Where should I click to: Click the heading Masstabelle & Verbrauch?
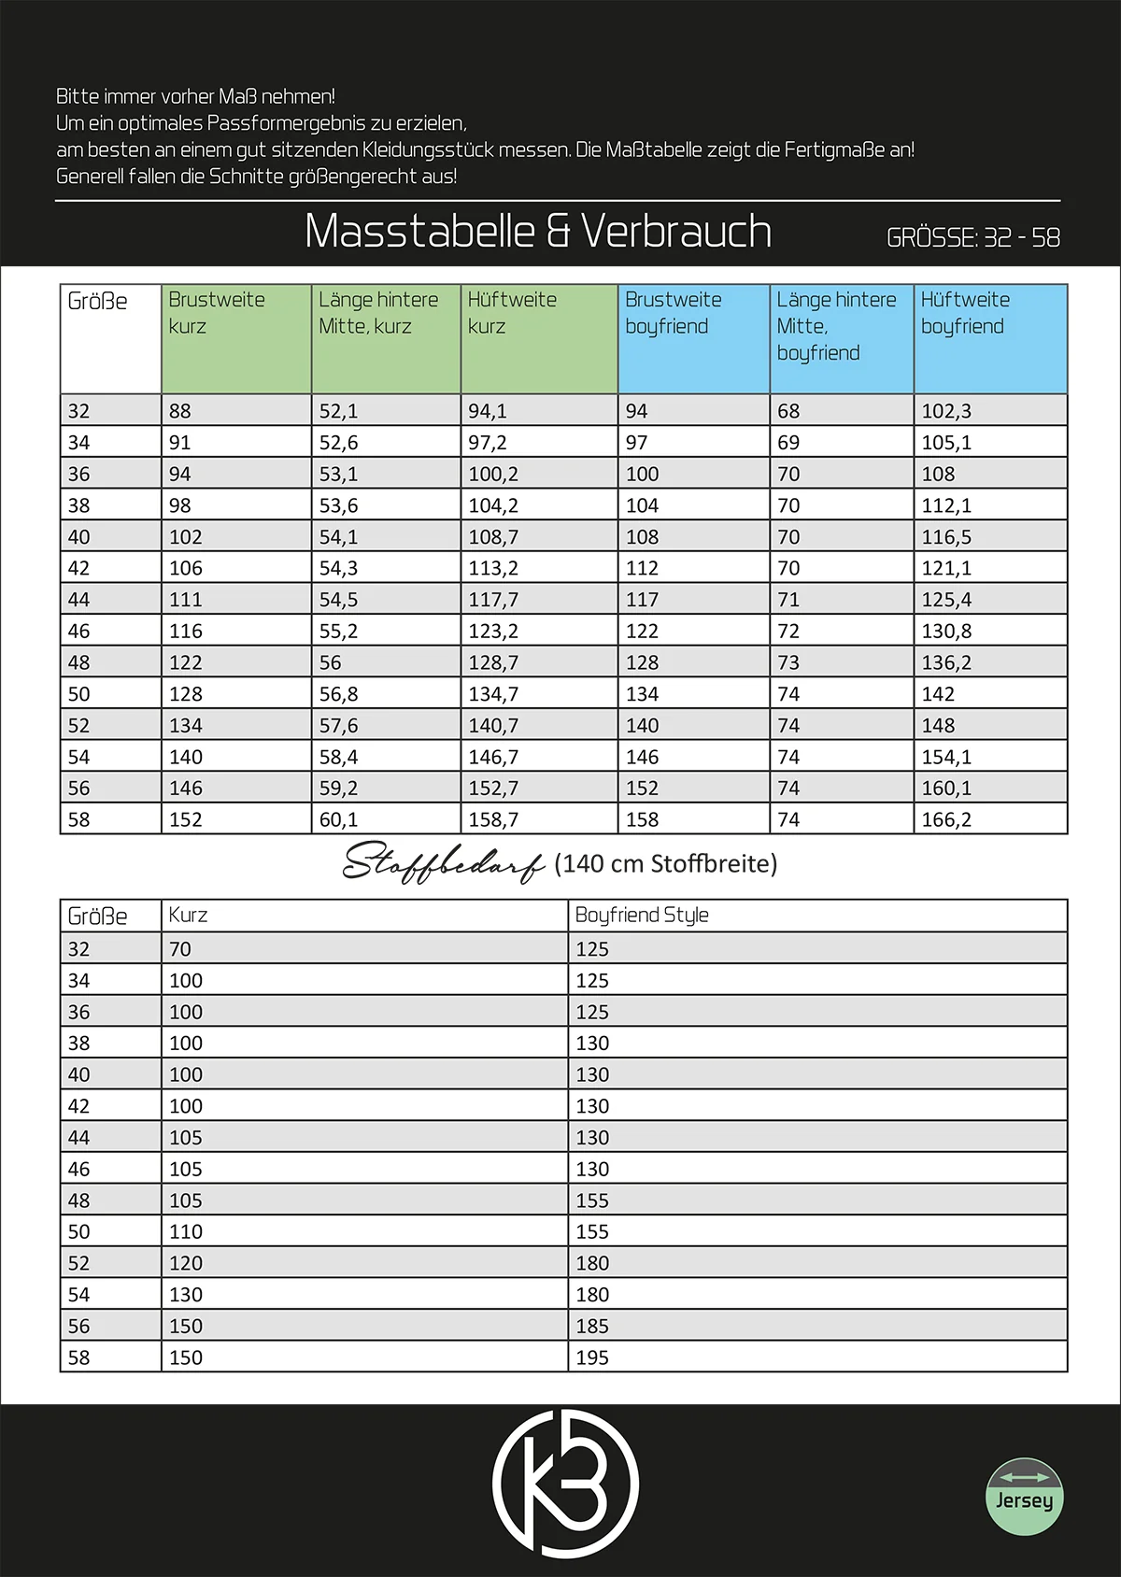(x=538, y=231)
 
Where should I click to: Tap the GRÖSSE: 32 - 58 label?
(x=972, y=237)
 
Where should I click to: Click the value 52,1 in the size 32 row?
(x=338, y=411)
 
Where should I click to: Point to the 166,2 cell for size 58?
(x=946, y=820)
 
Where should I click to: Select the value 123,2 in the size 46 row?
(x=493, y=632)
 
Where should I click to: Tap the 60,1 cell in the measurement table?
(x=338, y=820)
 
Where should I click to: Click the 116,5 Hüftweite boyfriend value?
(x=946, y=537)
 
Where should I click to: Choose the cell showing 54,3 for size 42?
(x=338, y=568)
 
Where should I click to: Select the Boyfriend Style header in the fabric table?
(x=642, y=916)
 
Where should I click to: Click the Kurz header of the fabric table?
(x=188, y=916)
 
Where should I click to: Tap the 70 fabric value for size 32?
(x=180, y=949)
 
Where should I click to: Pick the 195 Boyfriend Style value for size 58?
(x=592, y=1357)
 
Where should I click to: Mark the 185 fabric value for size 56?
(x=592, y=1327)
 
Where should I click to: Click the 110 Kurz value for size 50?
(x=186, y=1232)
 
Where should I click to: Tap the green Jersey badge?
(x=1024, y=1496)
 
